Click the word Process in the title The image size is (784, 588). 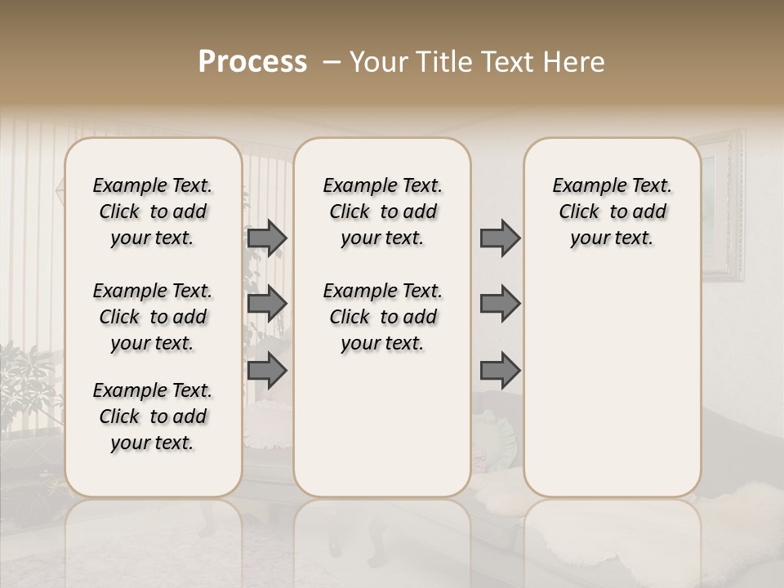click(252, 62)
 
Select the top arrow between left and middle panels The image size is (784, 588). click(267, 238)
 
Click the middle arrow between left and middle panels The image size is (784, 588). click(267, 304)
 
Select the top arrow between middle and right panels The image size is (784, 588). click(500, 238)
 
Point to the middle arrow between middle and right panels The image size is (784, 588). click(500, 304)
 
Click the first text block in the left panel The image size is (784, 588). click(153, 212)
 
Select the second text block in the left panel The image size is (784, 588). click(153, 317)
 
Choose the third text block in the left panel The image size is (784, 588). click(153, 416)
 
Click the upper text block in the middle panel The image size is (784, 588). click(382, 212)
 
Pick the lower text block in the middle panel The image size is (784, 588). click(382, 317)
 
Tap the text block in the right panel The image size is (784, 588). click(612, 212)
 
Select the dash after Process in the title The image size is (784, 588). click(332, 62)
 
